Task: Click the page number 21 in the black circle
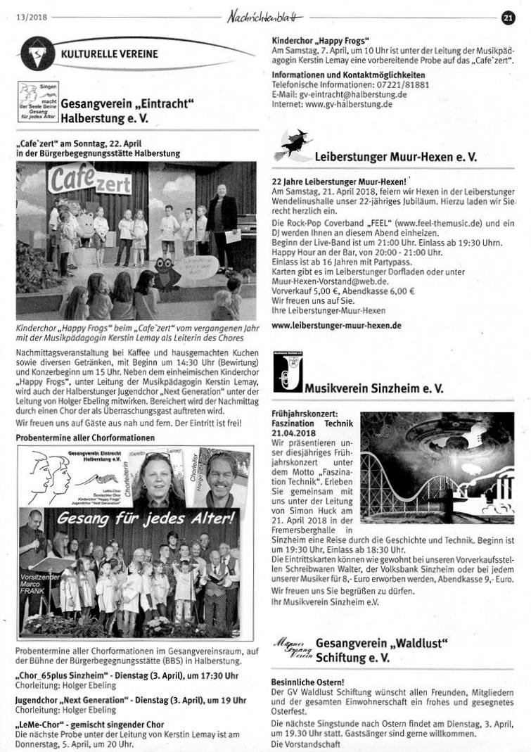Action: (508, 19)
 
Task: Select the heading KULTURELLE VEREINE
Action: (109, 53)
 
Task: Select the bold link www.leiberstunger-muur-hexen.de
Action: (336, 326)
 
